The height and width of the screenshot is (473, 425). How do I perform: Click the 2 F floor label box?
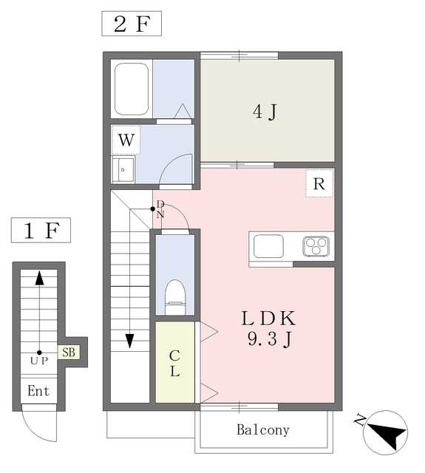pyautogui.click(x=132, y=24)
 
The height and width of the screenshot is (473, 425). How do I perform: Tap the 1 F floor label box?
pyautogui.click(x=41, y=230)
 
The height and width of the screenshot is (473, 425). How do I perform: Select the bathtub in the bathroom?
pyautogui.click(x=132, y=89)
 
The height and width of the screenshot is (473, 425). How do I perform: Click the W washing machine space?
pyautogui.click(x=126, y=140)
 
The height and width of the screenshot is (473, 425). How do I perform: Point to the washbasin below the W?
pyautogui.click(x=123, y=169)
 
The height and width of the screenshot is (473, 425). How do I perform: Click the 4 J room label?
pyautogui.click(x=265, y=112)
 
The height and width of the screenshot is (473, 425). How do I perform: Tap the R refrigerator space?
pyautogui.click(x=319, y=183)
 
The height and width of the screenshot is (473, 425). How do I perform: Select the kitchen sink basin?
pyautogui.click(x=268, y=246)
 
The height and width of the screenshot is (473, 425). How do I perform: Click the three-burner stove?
pyautogui.click(x=316, y=246)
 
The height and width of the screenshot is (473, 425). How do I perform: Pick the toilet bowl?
pyautogui.click(x=175, y=297)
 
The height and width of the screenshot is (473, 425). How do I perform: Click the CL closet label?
pyautogui.click(x=175, y=363)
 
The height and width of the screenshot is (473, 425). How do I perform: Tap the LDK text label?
pyautogui.click(x=268, y=319)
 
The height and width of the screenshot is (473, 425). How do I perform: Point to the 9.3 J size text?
pyautogui.click(x=269, y=338)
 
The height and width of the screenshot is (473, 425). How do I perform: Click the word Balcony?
pyautogui.click(x=263, y=430)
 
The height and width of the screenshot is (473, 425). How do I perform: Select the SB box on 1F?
pyautogui.click(x=69, y=352)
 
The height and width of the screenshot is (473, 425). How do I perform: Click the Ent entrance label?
pyautogui.click(x=38, y=391)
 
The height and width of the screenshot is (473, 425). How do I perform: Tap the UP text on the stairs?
pyautogui.click(x=39, y=361)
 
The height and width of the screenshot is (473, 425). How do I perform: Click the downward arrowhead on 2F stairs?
pyautogui.click(x=129, y=341)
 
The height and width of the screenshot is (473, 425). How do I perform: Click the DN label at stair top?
pyautogui.click(x=160, y=209)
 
